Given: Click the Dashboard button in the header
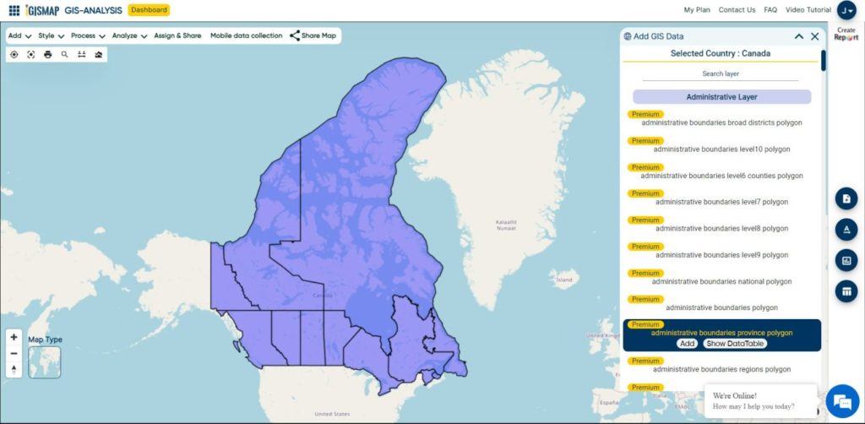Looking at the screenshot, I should coord(149,10).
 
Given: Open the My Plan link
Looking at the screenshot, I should coord(698,10).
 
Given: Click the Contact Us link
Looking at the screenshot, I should coord(737,10).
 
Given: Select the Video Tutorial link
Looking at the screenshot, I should coord(808,10).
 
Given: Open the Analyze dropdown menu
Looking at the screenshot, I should coord(129,36).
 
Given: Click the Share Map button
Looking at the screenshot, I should coord(313,36).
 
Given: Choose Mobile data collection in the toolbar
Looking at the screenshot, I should coord(246,36).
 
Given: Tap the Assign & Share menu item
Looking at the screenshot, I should coord(177,36).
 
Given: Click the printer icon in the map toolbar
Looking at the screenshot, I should coord(47,54).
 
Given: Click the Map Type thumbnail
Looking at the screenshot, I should coord(44,361).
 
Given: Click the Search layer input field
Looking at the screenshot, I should coord(721,74).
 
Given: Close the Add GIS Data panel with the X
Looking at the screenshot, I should coord(814,36).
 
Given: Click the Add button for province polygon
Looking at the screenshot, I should coord(687,344).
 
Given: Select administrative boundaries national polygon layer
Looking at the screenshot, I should coord(721,281).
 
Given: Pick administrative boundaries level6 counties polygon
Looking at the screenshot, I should coord(721,176).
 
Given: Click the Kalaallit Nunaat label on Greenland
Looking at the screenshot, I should coord(507,226).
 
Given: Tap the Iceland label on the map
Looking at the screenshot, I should coord(563,279).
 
